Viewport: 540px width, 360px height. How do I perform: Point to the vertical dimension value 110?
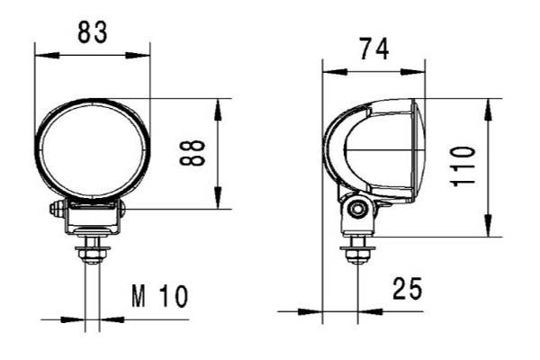tap(463, 166)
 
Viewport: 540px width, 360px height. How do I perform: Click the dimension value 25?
tap(407, 289)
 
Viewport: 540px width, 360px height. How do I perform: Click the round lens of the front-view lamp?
tap(93, 150)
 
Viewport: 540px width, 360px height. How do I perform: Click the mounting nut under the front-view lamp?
tap(93, 256)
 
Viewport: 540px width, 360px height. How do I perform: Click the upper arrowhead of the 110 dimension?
tap(488, 106)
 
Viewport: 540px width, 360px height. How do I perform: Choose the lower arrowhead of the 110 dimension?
tap(488, 230)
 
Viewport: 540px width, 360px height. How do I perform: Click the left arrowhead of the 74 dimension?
tap(328, 68)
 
